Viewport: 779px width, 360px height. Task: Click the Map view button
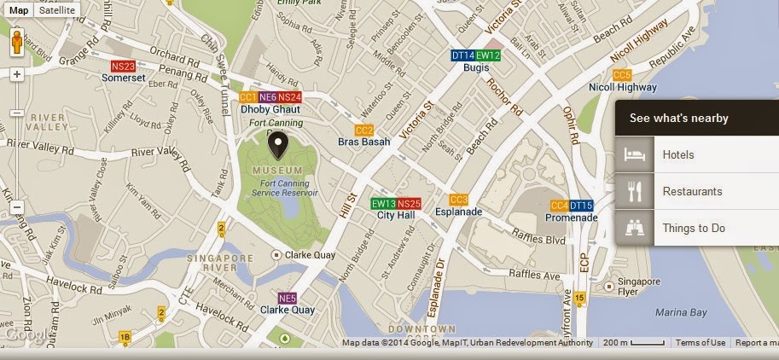click(x=18, y=11)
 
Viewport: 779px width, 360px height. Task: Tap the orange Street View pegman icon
click(x=17, y=43)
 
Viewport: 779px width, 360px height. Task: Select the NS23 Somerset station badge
click(x=124, y=66)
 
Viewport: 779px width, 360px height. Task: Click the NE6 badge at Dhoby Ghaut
click(x=268, y=97)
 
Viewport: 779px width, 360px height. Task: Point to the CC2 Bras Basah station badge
click(x=364, y=130)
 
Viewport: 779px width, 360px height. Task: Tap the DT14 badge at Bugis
click(x=463, y=55)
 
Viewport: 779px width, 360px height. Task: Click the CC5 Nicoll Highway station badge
click(x=622, y=75)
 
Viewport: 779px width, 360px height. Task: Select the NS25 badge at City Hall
click(x=410, y=204)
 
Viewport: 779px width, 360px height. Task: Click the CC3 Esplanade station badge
click(x=459, y=200)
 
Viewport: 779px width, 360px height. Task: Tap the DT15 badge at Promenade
click(x=582, y=206)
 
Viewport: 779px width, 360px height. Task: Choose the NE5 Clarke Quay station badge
click(x=288, y=299)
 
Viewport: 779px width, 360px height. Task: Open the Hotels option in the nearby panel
click(x=678, y=155)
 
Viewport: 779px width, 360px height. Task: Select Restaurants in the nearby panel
click(x=692, y=192)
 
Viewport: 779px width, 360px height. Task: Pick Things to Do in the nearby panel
click(x=694, y=229)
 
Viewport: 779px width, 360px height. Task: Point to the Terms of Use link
click(x=700, y=343)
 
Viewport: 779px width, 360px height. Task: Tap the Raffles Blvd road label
click(x=539, y=239)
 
